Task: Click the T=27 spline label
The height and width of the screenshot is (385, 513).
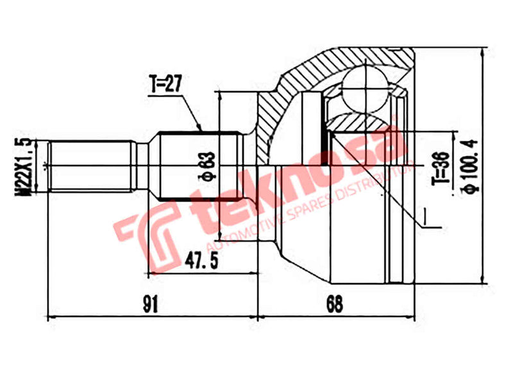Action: tap(165, 84)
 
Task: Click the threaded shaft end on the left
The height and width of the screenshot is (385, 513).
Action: tap(90, 166)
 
